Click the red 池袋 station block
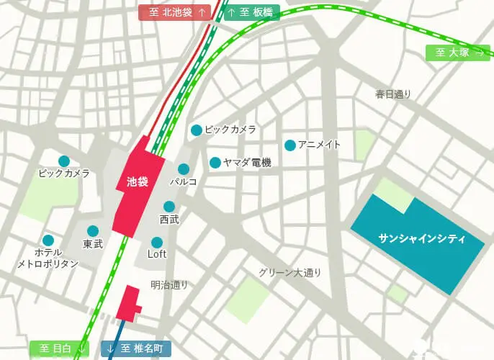pyautogui.click(x=137, y=184)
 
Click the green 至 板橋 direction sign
pyautogui.click(x=251, y=12)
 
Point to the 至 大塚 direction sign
pyautogui.click(x=458, y=53)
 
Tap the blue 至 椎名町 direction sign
pyautogui.click(x=136, y=349)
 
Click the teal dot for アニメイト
pyautogui.click(x=290, y=145)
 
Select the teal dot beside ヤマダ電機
pyautogui.click(x=215, y=163)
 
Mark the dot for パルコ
pyautogui.click(x=184, y=169)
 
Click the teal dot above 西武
pyautogui.click(x=169, y=207)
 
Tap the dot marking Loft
pyautogui.click(x=157, y=242)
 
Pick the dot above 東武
pyautogui.click(x=93, y=231)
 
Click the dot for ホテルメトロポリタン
pyautogui.click(x=48, y=240)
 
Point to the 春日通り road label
pyautogui.click(x=393, y=94)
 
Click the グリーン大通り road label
pyautogui.click(x=290, y=273)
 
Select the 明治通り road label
pyautogui.click(x=169, y=284)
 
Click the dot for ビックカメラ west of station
pyautogui.click(x=64, y=161)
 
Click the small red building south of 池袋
pyautogui.click(x=129, y=303)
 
